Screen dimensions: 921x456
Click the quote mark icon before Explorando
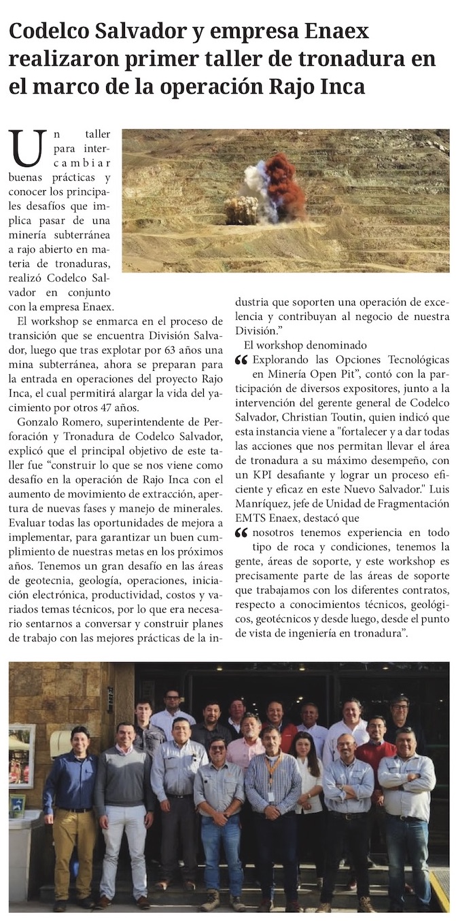coord(241,360)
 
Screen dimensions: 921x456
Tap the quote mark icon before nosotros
coord(241,532)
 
